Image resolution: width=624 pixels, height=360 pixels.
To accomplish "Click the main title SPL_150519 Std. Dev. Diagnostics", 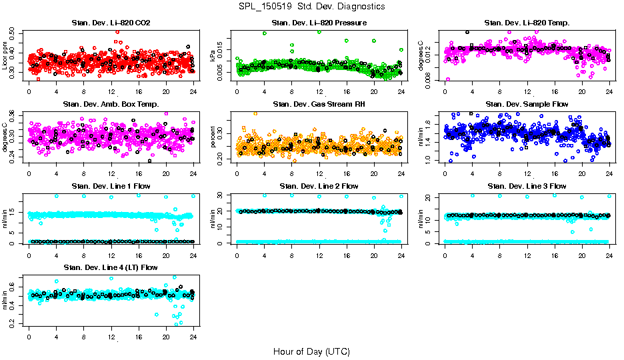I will (311, 6).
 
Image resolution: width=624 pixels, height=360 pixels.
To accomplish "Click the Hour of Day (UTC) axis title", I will (311, 351).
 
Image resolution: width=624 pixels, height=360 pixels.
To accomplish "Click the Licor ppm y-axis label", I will (5, 55).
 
